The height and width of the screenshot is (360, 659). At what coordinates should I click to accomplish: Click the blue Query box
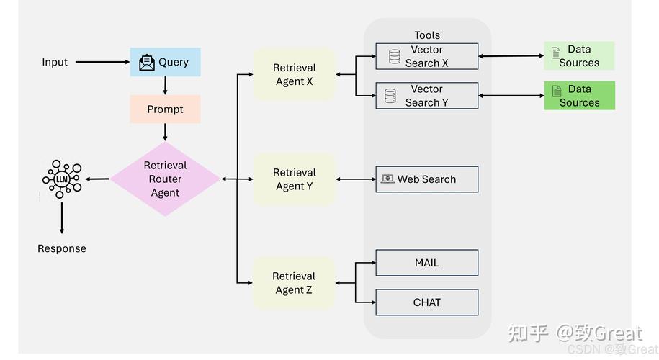pos(165,63)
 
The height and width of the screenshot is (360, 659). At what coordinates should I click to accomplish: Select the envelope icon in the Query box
pos(147,63)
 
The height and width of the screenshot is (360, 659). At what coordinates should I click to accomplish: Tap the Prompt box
pos(165,109)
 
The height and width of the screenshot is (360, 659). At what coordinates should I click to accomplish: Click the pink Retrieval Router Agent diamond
pos(165,179)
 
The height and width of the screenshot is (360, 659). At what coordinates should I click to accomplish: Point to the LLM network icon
pos(62,179)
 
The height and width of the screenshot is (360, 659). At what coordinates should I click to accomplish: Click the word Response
pos(62,248)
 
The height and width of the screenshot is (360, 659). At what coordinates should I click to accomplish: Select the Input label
pos(55,62)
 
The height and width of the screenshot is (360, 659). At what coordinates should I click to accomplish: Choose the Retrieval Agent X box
pos(294,75)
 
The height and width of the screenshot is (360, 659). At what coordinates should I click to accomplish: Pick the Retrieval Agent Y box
pos(294,179)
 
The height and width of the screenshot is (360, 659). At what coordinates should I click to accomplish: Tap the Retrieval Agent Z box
pos(294,283)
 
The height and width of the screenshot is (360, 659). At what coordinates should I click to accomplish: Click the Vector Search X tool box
pos(426,56)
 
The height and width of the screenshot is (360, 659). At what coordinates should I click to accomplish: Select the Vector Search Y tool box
pos(426,96)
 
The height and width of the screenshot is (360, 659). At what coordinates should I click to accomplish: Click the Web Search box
pos(426,179)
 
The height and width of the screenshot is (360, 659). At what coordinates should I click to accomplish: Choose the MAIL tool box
pos(426,263)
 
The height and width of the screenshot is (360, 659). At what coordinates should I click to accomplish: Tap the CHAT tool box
pos(426,302)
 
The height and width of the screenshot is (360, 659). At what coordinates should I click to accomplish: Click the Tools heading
pos(427,35)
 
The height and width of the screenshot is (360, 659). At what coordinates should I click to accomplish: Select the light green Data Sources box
pos(579,56)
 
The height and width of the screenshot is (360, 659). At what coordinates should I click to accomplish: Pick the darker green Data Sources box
pos(579,96)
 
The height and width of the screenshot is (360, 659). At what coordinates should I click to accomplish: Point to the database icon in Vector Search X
pos(395,56)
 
